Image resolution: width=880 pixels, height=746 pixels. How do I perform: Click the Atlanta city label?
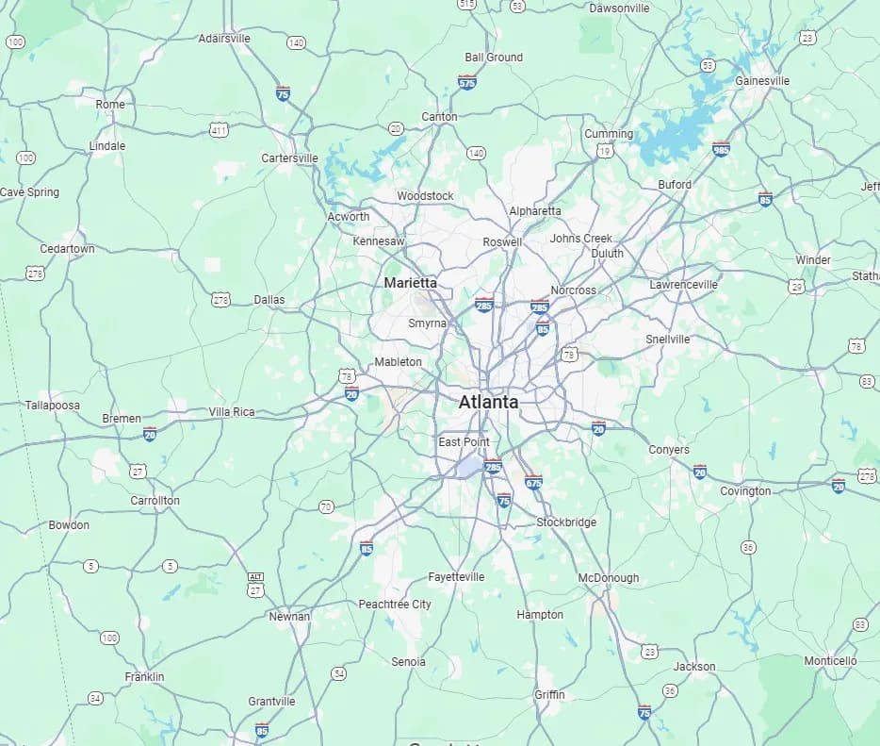[488, 402]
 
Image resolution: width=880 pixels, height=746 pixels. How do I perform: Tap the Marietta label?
[410, 283]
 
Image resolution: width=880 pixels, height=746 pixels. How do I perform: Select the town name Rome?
[110, 105]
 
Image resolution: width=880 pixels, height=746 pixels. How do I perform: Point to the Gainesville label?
[762, 81]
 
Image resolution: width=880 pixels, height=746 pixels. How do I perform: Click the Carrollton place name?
[155, 501]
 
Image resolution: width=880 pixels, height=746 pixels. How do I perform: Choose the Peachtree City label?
[395, 605]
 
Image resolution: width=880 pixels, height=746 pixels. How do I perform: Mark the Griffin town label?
[549, 695]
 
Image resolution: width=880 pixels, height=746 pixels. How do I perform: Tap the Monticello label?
[830, 661]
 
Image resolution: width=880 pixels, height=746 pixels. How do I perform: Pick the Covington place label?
[745, 491]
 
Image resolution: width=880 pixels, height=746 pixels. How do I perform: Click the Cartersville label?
[289, 158]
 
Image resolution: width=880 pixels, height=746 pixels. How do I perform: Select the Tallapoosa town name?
[53, 406]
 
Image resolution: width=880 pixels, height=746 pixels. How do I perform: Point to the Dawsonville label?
[619, 8]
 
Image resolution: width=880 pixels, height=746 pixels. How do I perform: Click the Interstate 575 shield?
[466, 83]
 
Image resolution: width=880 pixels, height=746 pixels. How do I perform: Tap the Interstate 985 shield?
[721, 149]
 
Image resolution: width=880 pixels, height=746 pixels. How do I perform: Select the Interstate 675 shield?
[533, 481]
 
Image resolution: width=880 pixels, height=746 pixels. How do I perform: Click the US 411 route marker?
[220, 130]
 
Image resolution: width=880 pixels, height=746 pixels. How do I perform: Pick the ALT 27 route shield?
[255, 585]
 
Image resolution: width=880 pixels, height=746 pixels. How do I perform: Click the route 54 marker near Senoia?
[338, 673]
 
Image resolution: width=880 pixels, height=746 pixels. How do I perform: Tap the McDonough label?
[608, 578]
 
